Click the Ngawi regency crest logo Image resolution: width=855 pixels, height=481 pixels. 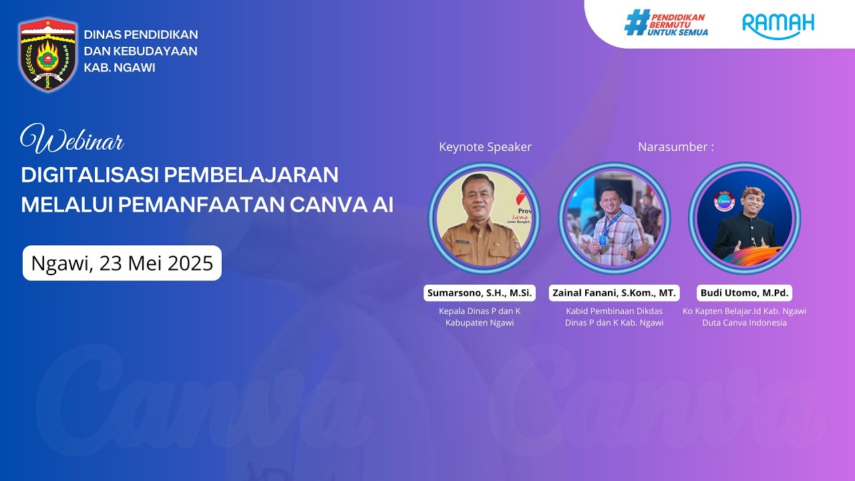47,54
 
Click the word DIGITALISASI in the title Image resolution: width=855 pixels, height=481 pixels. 90,175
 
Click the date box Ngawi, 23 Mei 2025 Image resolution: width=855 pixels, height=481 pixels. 122,263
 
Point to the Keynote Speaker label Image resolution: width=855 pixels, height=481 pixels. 485,147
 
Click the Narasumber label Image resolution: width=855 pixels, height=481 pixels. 675,147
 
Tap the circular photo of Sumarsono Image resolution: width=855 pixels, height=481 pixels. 484,218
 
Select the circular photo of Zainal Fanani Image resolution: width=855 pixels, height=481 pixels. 614,218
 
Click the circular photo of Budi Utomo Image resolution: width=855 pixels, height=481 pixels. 744,218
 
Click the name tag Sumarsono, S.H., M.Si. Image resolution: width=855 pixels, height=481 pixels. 480,293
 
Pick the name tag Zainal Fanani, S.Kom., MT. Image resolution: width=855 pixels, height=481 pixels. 614,293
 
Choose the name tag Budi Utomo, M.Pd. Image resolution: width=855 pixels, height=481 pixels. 745,293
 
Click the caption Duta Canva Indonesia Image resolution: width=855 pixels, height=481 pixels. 744,323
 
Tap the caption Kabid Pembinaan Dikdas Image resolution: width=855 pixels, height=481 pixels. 614,311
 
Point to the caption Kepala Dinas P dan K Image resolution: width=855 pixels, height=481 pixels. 480,311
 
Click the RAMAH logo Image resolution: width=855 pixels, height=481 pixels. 778,25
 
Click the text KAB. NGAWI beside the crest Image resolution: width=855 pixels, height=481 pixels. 120,67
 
